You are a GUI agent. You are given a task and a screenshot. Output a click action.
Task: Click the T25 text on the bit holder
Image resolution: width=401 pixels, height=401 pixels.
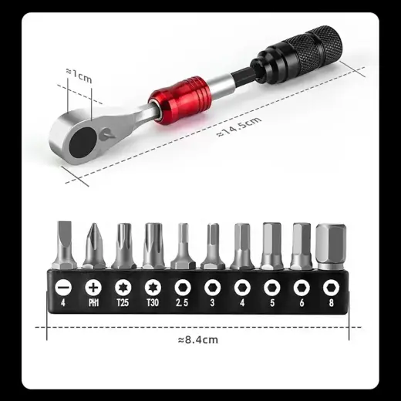coord(123,303)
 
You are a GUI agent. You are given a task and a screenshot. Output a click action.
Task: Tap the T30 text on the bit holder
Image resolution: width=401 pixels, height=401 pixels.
coord(152,303)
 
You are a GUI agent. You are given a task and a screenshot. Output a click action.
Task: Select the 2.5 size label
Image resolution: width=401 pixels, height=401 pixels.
coord(182,303)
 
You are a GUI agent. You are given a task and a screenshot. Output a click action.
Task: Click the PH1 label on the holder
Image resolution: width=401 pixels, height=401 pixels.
coord(94,303)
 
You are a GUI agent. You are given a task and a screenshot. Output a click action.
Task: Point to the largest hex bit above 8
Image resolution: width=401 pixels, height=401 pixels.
coord(330,245)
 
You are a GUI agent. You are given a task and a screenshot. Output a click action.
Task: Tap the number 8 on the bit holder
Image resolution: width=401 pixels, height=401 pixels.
coord(330,303)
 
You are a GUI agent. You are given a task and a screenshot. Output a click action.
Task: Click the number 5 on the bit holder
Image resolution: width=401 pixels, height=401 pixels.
coord(271,303)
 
